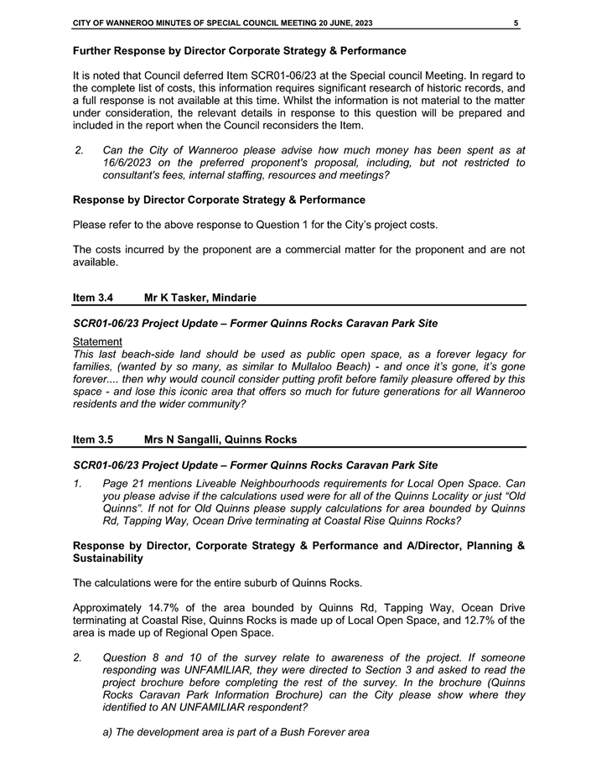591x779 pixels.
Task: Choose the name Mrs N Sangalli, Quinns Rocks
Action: (x=220, y=439)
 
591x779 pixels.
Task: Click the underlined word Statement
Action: (x=97, y=341)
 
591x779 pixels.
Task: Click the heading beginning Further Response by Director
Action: (x=239, y=52)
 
